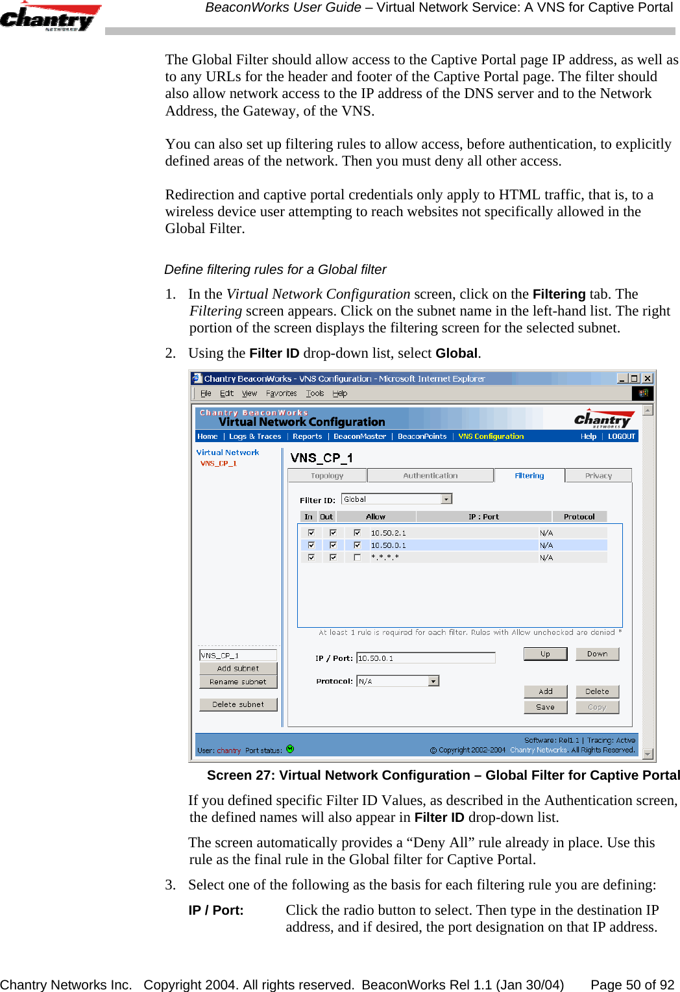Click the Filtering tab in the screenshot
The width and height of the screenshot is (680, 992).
point(529,476)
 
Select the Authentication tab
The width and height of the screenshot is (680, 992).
point(430,476)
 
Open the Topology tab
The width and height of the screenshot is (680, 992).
point(327,476)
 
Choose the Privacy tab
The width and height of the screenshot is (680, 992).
point(598,476)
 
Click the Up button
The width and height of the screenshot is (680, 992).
point(545,654)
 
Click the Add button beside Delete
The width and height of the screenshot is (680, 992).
point(545,691)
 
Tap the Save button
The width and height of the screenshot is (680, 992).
point(545,707)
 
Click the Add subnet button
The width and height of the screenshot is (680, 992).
point(238,668)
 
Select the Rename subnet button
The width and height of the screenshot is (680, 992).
point(238,682)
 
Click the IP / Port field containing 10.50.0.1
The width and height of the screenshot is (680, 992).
point(426,658)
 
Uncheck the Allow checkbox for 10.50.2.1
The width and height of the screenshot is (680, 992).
point(357,533)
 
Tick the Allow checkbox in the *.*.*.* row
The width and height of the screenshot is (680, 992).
point(357,558)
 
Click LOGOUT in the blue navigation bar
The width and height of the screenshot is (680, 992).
point(621,436)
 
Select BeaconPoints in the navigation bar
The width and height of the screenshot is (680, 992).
point(422,436)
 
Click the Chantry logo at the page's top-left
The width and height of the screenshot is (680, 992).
point(49,18)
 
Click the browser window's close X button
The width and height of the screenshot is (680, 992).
point(647,378)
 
